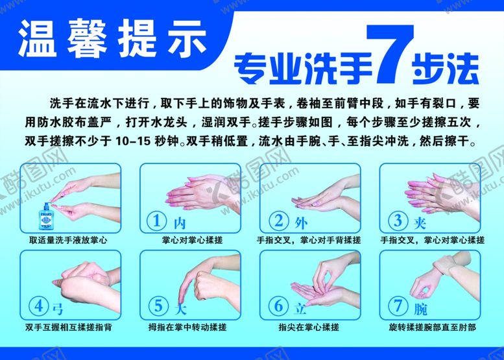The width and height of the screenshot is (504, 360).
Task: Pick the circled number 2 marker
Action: pos(277,221)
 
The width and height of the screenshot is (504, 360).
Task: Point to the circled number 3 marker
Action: pos(396,221)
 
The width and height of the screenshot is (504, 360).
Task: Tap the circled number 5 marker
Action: pos(158,306)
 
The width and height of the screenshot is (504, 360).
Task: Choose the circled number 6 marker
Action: pos(277,306)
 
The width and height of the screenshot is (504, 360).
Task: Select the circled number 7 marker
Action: pos(396,306)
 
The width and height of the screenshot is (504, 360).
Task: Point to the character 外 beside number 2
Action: pos(300,222)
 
